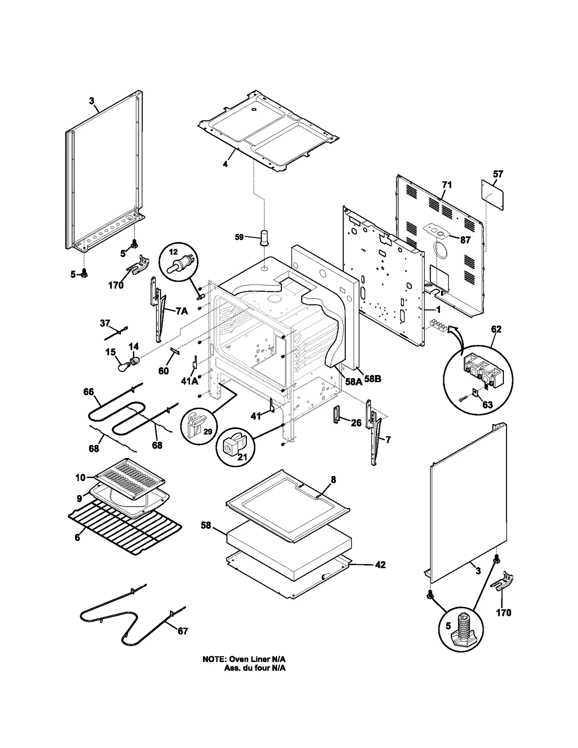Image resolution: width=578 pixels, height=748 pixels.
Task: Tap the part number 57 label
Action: (498, 174)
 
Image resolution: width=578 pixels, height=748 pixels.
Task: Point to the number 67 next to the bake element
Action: (183, 631)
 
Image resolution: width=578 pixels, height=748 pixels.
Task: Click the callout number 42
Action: (380, 565)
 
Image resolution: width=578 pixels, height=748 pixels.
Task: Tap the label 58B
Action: (372, 379)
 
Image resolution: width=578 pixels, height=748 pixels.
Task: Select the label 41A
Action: (190, 380)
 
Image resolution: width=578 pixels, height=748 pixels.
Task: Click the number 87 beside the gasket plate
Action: (465, 240)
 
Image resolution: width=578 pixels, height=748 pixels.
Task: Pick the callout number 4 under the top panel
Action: (225, 164)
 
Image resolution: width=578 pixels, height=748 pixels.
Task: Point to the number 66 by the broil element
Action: (89, 392)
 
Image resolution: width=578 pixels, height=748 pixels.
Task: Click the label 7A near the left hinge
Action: (182, 311)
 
